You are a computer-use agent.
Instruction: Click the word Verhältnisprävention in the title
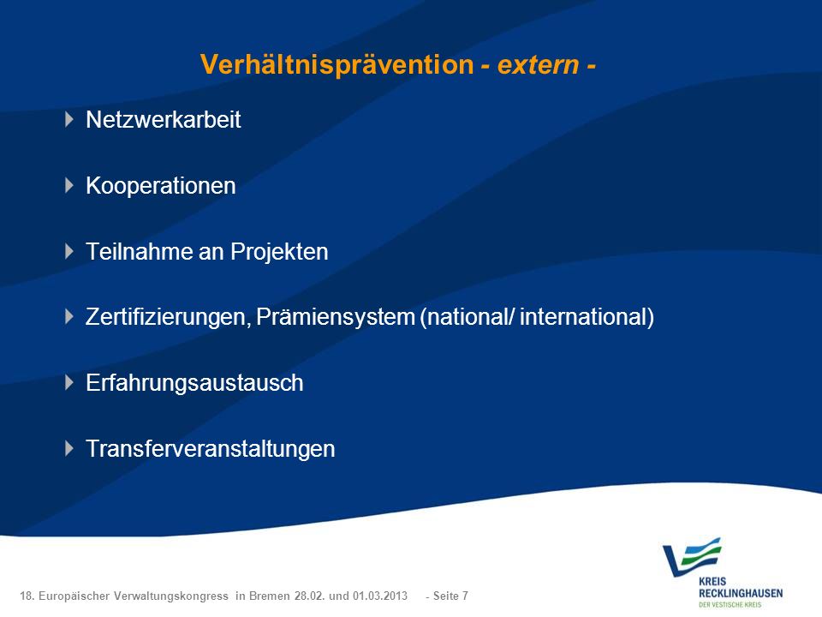point(337,64)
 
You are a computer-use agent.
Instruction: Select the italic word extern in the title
point(538,65)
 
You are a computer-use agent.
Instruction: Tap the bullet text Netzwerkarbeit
point(163,120)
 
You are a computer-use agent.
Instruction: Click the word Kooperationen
point(160,186)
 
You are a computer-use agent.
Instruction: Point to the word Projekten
point(279,252)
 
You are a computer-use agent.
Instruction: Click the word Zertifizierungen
point(168,318)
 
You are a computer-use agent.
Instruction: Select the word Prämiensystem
point(336,318)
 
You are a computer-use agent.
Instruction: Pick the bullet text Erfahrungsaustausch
point(194,384)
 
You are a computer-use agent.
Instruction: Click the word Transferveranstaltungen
point(211,449)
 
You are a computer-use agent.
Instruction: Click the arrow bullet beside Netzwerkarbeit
point(69,120)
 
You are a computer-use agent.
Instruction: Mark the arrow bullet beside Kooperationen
point(69,185)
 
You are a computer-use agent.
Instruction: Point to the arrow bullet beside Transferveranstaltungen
point(69,448)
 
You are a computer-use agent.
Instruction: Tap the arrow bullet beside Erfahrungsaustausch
point(69,382)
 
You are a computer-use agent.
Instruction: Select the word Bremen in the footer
point(270,596)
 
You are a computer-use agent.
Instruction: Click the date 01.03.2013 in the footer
point(379,596)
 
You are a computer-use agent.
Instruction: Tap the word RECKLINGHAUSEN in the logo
point(740,593)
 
